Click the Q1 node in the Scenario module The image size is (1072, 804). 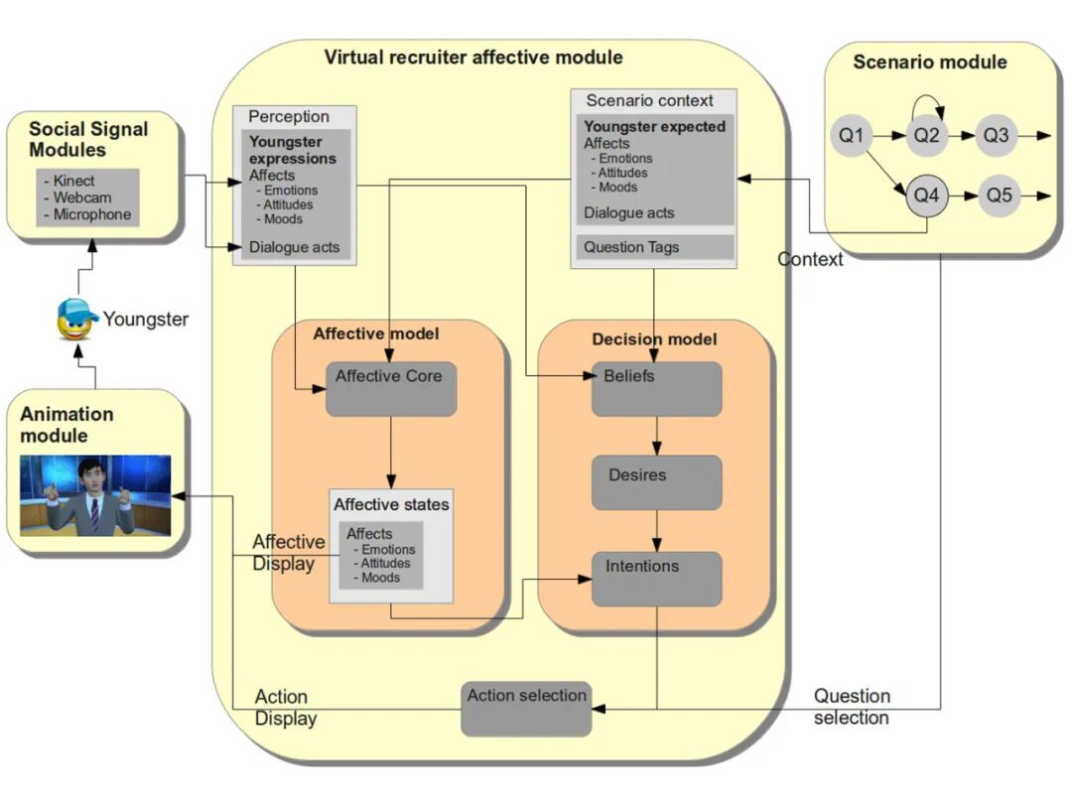point(852,136)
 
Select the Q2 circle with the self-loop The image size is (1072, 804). point(926,136)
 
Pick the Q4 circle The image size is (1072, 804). point(926,196)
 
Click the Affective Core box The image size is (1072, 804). point(391,388)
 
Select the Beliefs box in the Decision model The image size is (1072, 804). point(656,388)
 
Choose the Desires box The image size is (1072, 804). point(656,482)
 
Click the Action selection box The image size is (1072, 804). point(526,708)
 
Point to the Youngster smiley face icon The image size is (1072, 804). point(76,319)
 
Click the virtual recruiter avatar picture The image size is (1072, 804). point(95,495)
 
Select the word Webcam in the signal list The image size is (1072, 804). point(84,199)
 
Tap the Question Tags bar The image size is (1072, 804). point(654,247)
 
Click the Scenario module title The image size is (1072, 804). point(930,63)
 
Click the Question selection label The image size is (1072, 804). point(852,707)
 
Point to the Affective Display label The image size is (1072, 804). point(288,553)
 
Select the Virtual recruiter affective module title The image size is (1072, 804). point(473,58)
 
